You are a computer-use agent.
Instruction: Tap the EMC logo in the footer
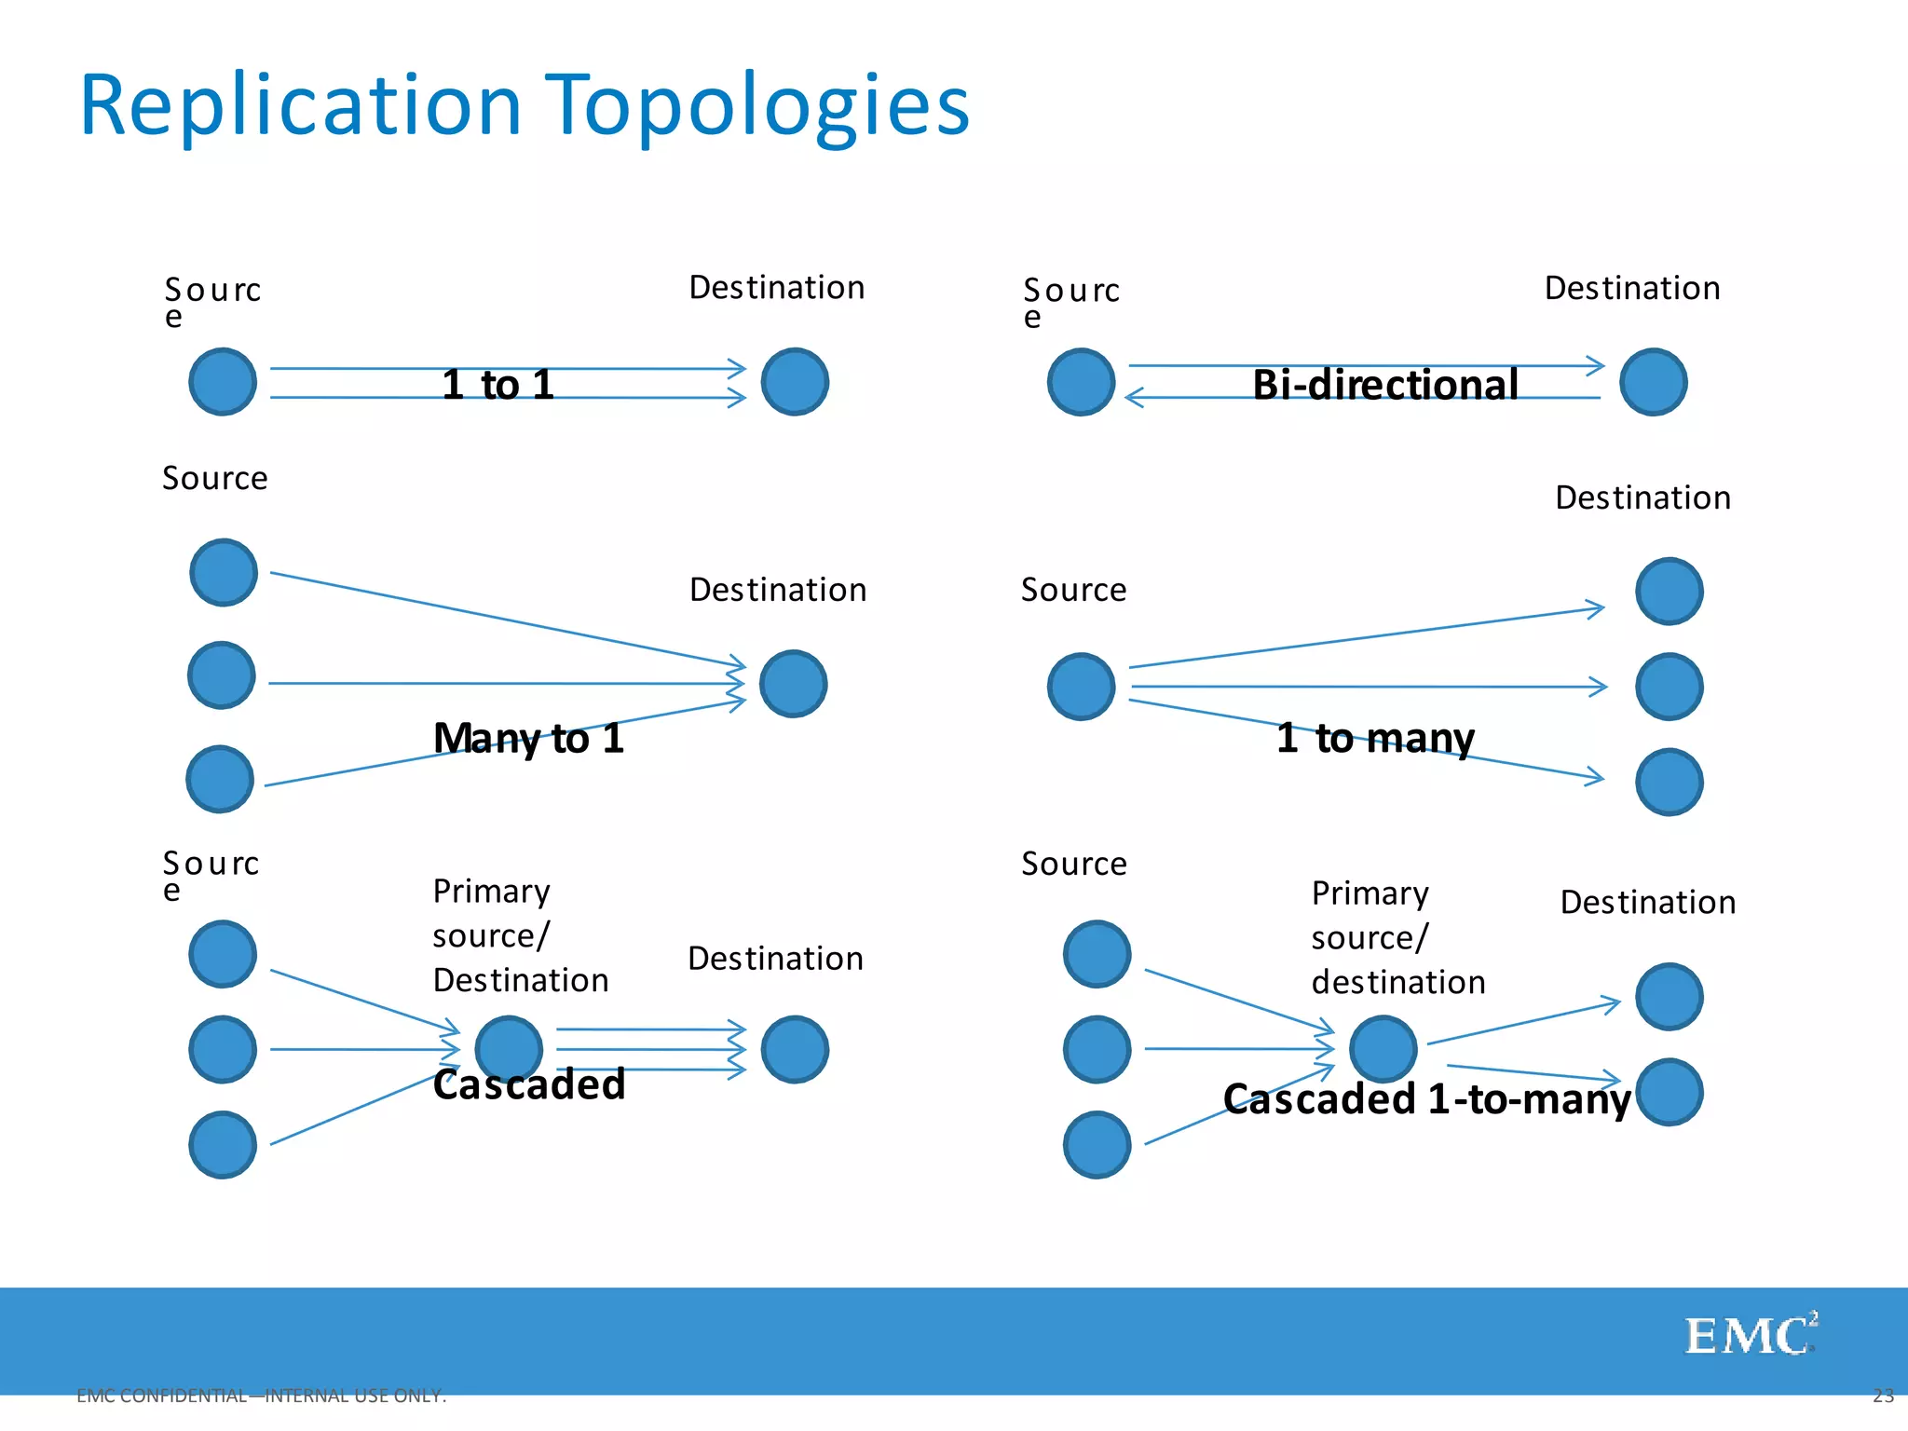(1750, 1336)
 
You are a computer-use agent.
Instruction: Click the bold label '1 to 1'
(498, 385)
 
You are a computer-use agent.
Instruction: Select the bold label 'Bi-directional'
(1385, 385)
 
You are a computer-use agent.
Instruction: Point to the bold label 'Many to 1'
(528, 739)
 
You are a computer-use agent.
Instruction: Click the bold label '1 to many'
(1375, 738)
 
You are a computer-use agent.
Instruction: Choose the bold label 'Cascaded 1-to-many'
(1426, 1099)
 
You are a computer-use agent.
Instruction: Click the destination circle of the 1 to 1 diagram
(795, 382)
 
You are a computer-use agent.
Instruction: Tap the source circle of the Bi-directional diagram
(1081, 382)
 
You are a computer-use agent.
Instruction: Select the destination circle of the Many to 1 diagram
(793, 684)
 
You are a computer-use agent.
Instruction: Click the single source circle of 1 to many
(1081, 687)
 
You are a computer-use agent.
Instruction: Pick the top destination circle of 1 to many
(1669, 591)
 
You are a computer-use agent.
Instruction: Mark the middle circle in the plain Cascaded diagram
(509, 1049)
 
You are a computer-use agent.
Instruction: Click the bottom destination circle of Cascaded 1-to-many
(1669, 1092)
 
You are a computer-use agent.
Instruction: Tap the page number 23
(1883, 1396)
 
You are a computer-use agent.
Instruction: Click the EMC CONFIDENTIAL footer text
(262, 1396)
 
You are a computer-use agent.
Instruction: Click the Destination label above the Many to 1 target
(778, 590)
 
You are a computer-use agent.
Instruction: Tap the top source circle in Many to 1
(224, 572)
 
